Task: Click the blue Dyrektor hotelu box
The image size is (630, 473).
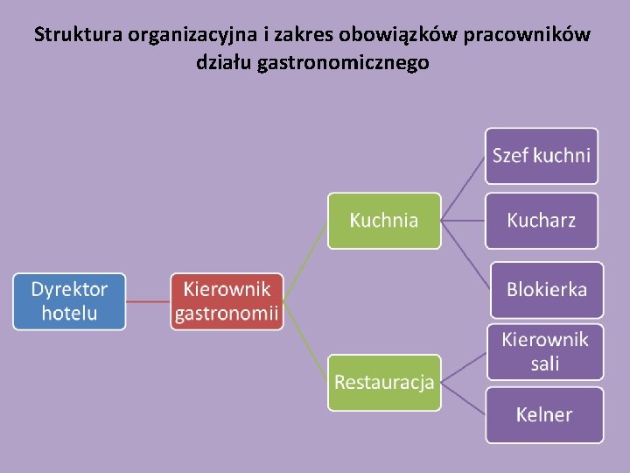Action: point(69,301)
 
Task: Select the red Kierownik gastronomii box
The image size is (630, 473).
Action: point(227,301)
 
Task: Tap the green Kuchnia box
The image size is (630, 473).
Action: point(384,221)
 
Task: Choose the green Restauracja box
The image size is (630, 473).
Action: point(384,382)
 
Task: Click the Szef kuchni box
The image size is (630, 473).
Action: point(542,156)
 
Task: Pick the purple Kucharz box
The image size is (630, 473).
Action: point(542,221)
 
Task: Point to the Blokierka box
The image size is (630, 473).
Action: point(546,290)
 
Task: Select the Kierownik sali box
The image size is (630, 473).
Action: point(544,351)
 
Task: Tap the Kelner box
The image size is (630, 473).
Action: point(544,415)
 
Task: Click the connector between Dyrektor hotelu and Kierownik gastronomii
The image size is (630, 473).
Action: point(148,301)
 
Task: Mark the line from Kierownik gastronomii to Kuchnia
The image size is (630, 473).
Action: point(306,261)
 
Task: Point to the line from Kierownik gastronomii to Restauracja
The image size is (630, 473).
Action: point(306,342)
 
